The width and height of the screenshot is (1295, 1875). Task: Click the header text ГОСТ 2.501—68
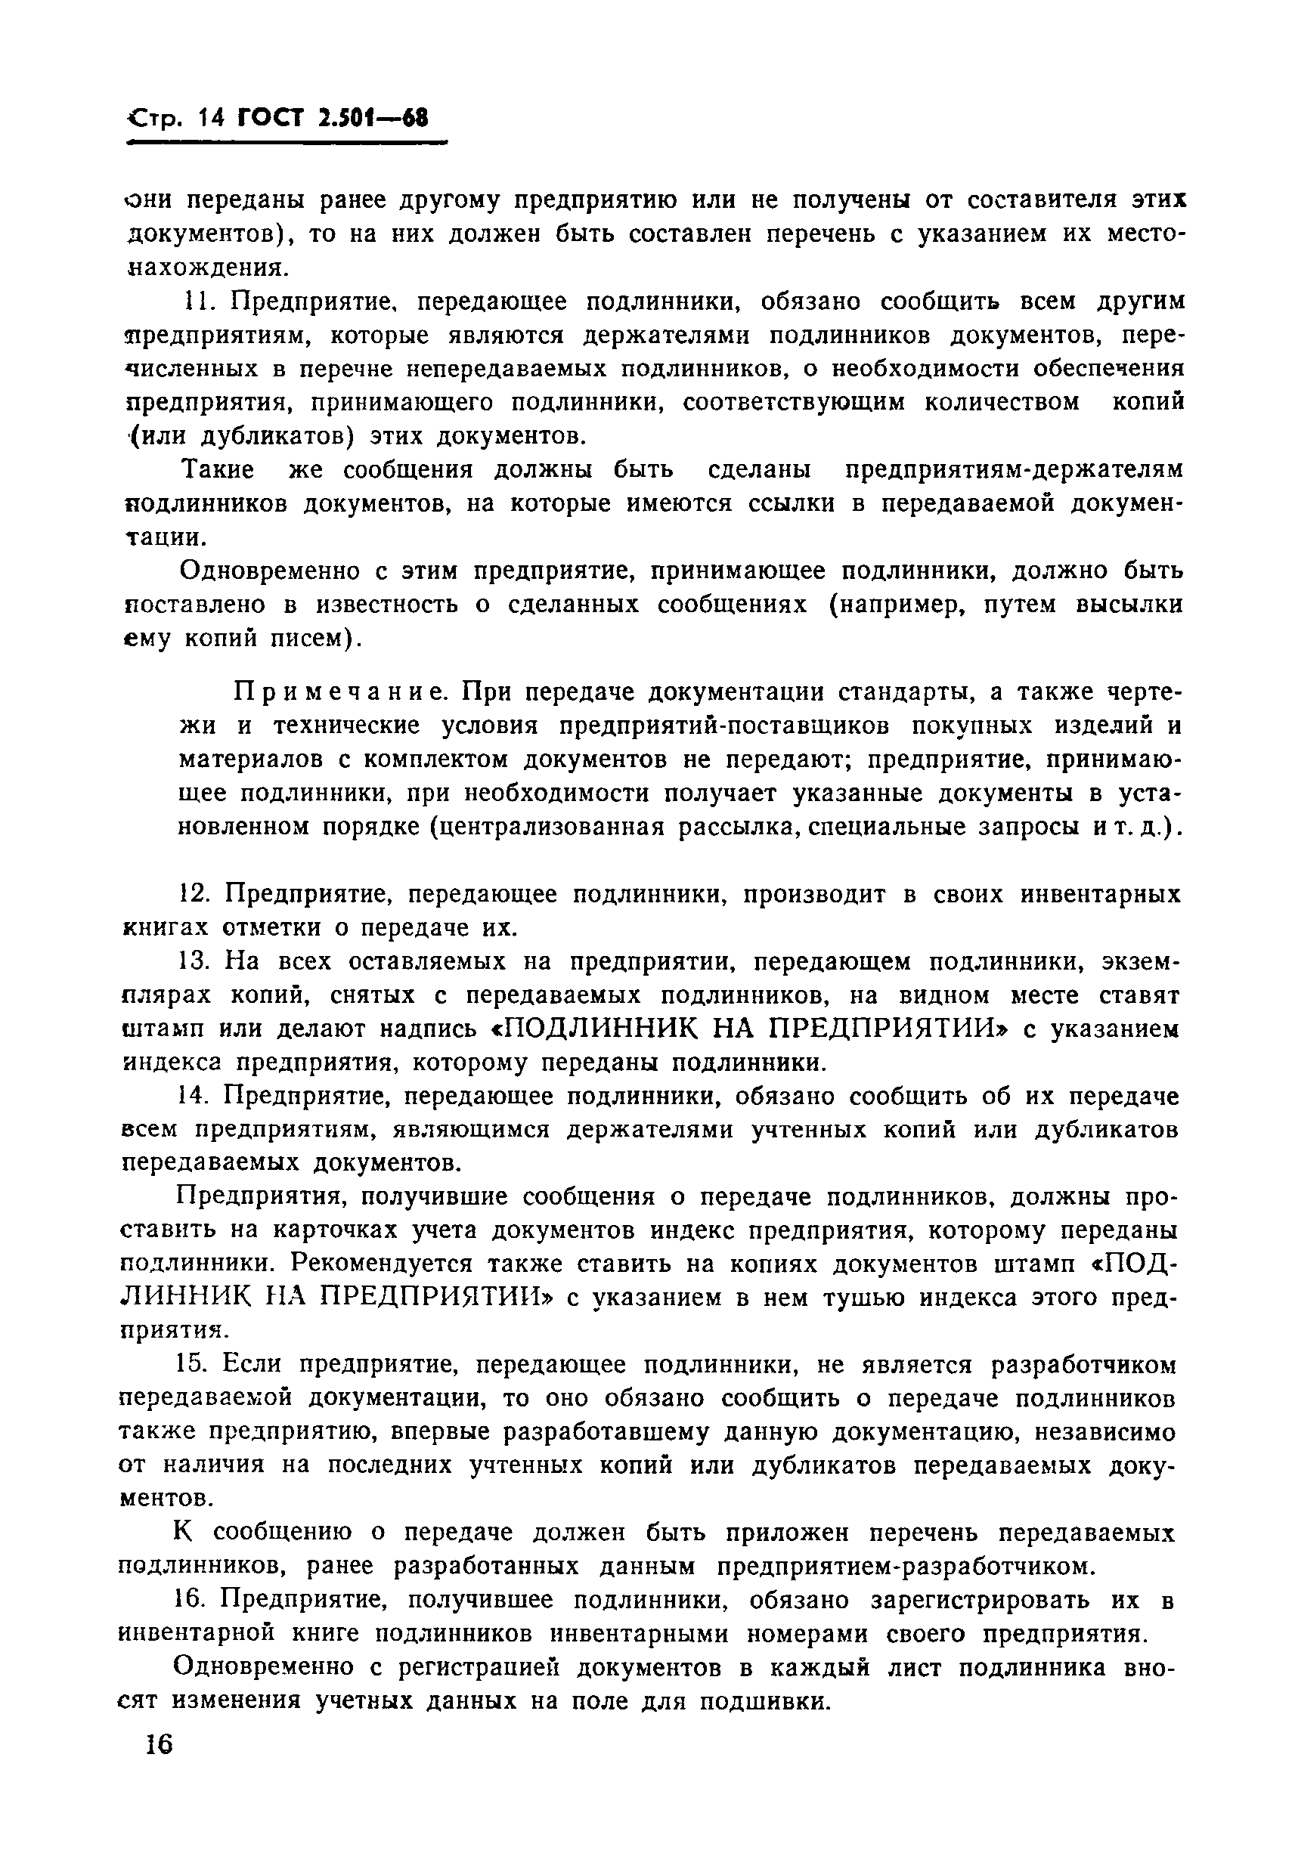332,119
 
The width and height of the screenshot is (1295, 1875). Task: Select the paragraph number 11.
197,302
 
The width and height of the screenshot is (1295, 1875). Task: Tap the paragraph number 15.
191,1366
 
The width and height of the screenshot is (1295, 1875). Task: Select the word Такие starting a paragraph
218,470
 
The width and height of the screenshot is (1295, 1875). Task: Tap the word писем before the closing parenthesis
303,639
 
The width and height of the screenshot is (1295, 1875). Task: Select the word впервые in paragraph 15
438,1433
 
